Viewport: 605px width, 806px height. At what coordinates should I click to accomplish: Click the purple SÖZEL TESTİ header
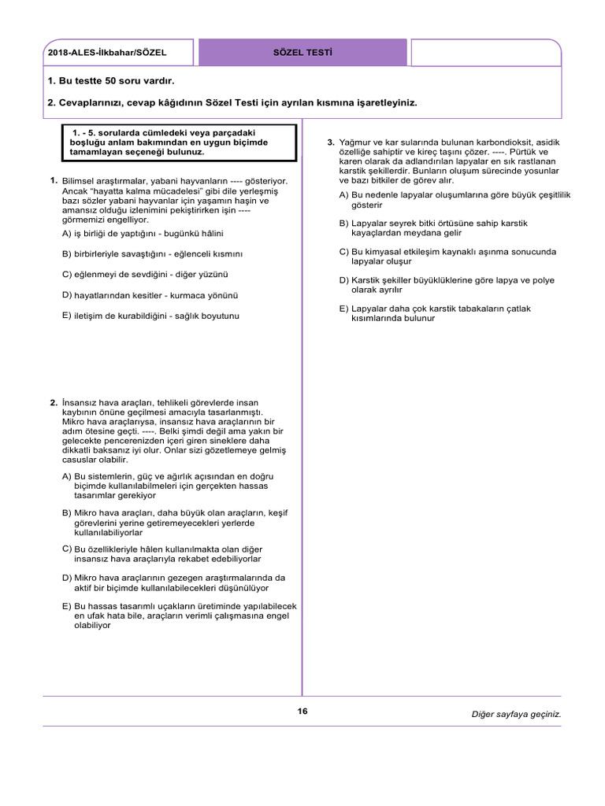coord(302,53)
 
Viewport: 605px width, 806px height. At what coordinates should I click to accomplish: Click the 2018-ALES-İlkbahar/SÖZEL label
coord(107,54)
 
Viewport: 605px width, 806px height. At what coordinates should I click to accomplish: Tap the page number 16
coord(302,712)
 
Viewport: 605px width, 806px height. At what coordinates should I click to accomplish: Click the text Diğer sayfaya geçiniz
coord(516,714)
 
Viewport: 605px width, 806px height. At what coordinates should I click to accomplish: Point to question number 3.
coord(331,142)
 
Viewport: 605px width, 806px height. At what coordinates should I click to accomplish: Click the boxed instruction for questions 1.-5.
coord(179,142)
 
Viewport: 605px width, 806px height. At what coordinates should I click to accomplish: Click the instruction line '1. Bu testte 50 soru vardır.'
coord(110,81)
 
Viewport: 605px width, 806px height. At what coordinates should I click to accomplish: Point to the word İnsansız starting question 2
coord(80,402)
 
